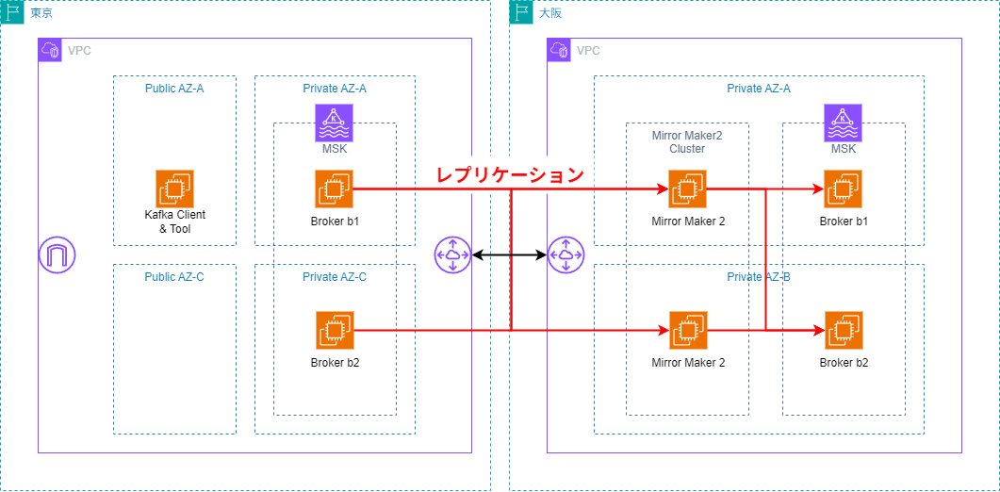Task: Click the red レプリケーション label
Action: point(509,174)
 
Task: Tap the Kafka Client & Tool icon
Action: point(174,189)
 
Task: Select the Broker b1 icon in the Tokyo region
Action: point(334,189)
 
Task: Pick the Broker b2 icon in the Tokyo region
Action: point(334,330)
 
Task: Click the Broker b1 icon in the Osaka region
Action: point(843,189)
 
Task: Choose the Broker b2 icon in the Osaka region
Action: point(843,330)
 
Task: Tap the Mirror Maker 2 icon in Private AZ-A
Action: point(687,189)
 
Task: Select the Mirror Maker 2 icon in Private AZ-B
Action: point(687,330)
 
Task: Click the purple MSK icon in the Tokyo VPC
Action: point(335,123)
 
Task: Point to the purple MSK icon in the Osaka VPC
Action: point(844,123)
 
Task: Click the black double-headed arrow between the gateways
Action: point(509,254)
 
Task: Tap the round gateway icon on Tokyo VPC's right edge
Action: point(453,255)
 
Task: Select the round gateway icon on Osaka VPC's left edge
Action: point(566,255)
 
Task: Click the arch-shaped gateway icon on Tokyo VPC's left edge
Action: point(57,255)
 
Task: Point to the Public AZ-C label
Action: point(174,276)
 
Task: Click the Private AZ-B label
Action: point(759,276)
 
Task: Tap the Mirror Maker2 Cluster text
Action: point(687,141)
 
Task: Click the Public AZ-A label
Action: point(174,88)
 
